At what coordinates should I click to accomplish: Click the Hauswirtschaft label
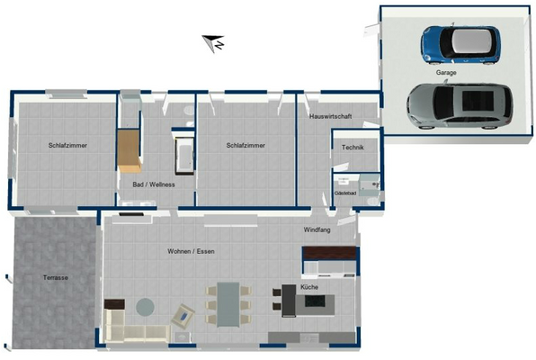pos(329,117)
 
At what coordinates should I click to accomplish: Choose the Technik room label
pos(353,147)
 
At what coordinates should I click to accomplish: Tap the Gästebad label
pos(344,193)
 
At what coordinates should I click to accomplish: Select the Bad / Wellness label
pos(153,184)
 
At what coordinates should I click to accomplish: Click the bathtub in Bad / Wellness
pos(184,155)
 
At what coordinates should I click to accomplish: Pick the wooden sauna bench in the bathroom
pos(130,150)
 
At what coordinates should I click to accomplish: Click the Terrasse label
pos(55,278)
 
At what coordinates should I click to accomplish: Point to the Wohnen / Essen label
pos(191,251)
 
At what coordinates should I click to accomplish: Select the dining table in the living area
pos(228,303)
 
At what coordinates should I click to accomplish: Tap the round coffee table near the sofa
pos(144,307)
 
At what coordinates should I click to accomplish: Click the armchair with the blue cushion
pos(183,316)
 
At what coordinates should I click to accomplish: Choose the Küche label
pos(309,286)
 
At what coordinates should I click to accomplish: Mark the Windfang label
pos(316,231)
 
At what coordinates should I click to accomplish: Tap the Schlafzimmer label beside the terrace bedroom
pos(67,145)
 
